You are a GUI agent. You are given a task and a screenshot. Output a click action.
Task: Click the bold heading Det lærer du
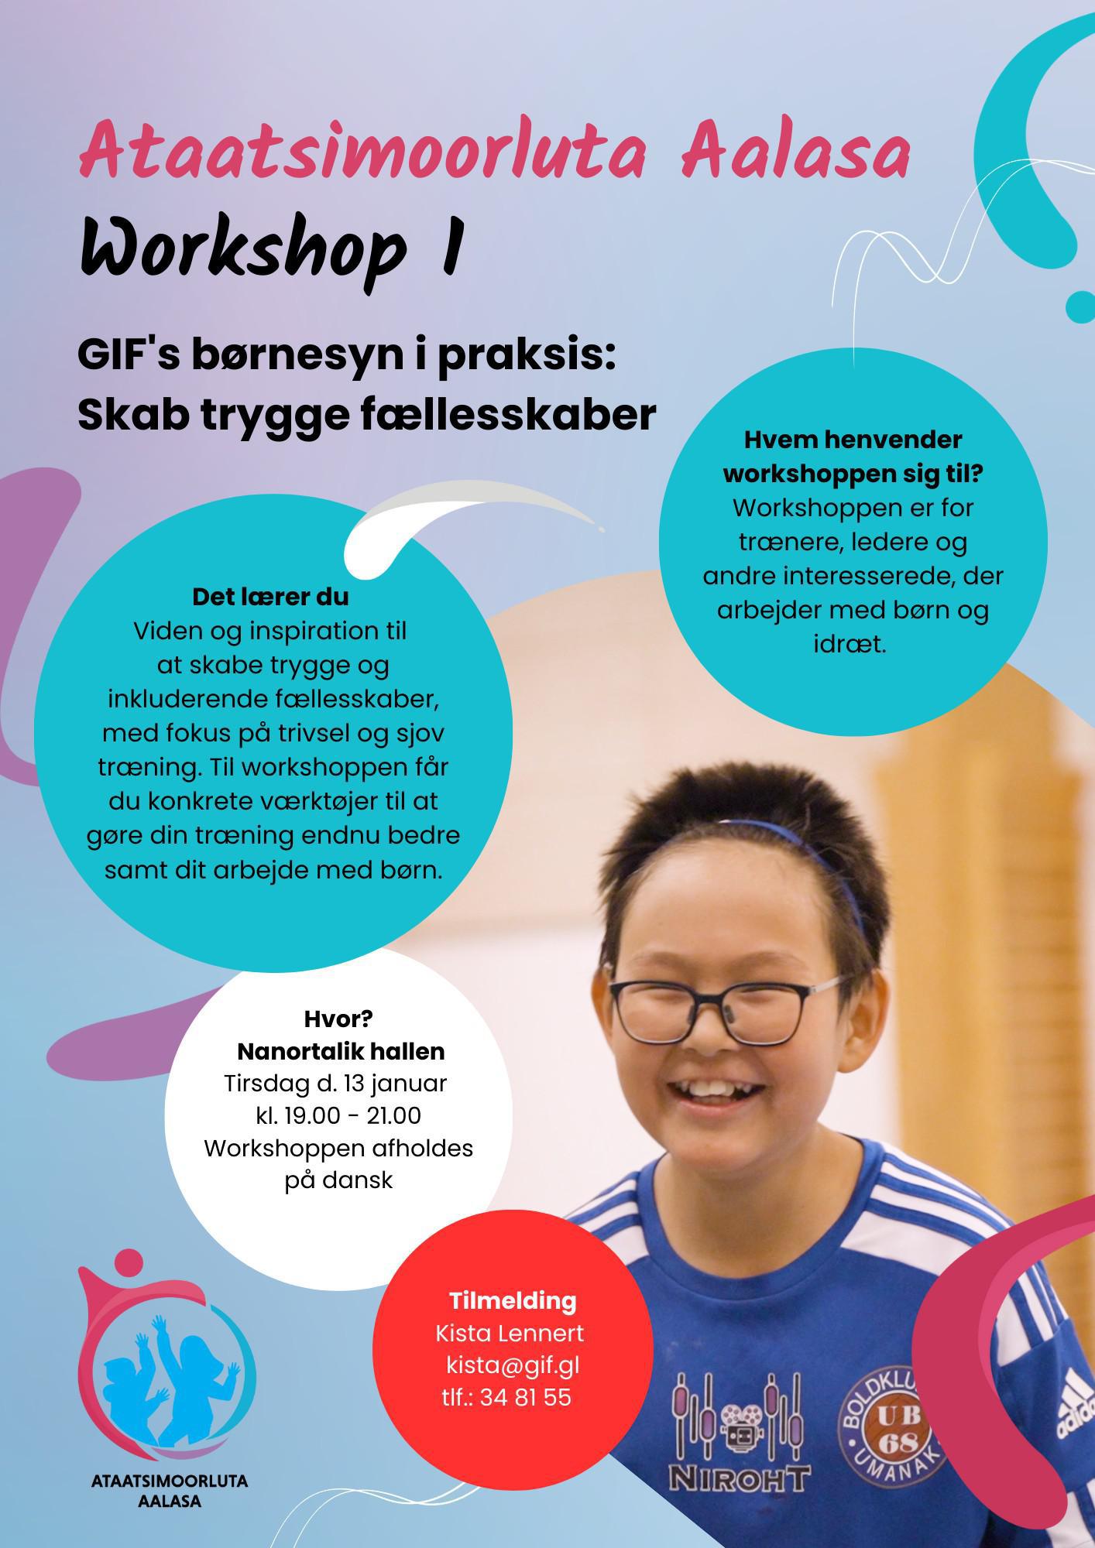(270, 598)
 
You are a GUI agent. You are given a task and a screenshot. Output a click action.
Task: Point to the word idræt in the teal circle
(850, 644)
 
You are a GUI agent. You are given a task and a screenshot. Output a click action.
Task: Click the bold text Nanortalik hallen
(341, 1051)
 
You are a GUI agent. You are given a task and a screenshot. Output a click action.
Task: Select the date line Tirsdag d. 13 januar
(336, 1083)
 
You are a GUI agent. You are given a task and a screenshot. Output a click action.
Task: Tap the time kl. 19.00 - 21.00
(338, 1115)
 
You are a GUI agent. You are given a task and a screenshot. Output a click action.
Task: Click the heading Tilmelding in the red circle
(513, 1300)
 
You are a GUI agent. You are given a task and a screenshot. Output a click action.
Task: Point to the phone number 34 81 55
(525, 1397)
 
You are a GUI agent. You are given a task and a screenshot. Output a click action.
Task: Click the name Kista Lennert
(510, 1333)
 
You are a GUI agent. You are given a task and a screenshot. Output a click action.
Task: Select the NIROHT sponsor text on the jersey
(740, 1478)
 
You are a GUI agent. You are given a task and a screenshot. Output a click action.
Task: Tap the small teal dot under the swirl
(1080, 307)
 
